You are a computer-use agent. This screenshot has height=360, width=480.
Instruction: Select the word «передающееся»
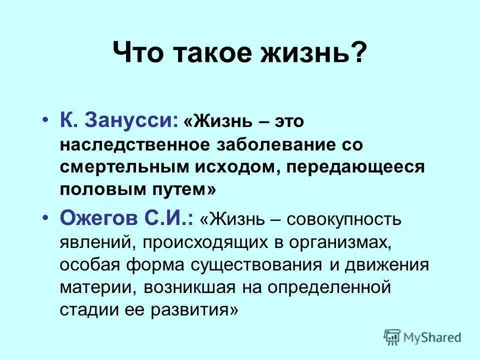tap(355, 167)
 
